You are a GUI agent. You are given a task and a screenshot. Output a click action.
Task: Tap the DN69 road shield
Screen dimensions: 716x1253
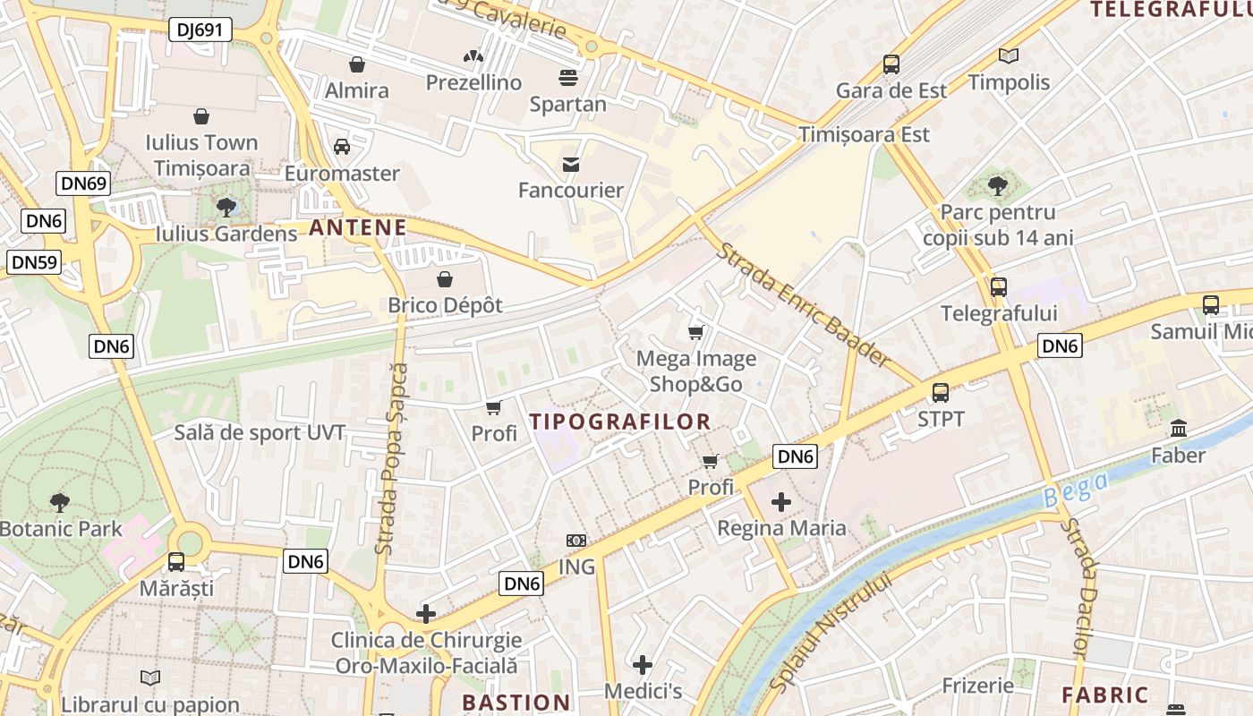(x=83, y=183)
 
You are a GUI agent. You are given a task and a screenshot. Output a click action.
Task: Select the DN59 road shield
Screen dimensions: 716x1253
(x=34, y=262)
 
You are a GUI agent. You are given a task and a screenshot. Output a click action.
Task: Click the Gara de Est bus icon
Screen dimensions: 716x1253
(x=891, y=64)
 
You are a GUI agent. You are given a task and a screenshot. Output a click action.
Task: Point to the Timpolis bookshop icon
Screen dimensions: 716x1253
(x=1009, y=56)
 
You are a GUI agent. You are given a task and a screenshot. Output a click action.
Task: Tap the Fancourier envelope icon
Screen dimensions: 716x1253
(x=570, y=164)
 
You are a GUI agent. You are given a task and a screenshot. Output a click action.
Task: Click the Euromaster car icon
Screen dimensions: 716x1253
(x=341, y=147)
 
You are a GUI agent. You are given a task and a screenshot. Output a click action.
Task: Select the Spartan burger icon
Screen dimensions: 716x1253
(x=567, y=78)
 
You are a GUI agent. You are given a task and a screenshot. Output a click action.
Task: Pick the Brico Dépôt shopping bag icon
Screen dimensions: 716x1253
(x=445, y=279)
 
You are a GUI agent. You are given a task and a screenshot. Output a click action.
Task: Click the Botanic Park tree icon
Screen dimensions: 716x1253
(x=60, y=502)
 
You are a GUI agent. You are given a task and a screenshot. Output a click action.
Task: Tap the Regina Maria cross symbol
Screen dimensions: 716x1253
(x=781, y=502)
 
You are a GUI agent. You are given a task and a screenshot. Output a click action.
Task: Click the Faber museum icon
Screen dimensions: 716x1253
(x=1179, y=429)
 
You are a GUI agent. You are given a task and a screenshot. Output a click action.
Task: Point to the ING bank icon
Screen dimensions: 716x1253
(x=576, y=541)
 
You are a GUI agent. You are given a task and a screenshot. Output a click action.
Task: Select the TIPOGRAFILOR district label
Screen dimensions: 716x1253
(x=620, y=422)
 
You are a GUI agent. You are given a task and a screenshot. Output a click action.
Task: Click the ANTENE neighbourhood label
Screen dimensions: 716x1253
(x=358, y=227)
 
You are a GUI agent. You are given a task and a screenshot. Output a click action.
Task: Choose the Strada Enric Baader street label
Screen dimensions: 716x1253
(x=805, y=304)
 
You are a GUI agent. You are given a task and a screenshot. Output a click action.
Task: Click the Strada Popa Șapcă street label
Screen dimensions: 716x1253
(x=391, y=458)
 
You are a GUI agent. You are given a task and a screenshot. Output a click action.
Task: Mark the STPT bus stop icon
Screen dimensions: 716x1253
(x=941, y=392)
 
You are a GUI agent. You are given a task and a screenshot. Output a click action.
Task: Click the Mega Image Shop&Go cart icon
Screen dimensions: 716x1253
(x=695, y=333)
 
